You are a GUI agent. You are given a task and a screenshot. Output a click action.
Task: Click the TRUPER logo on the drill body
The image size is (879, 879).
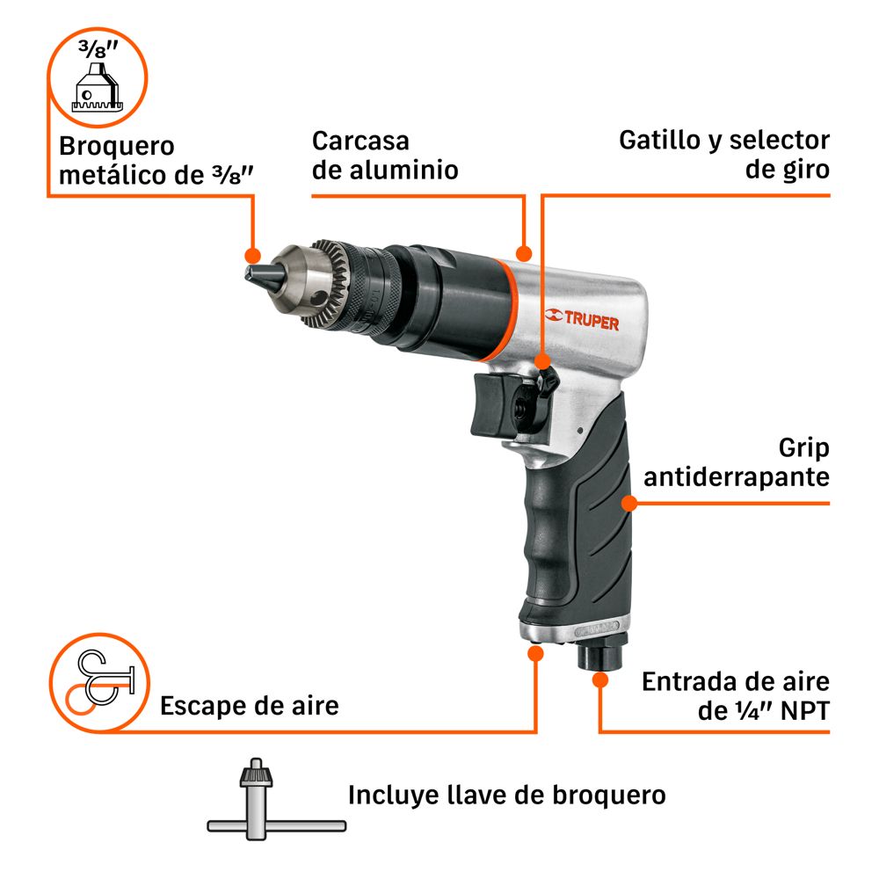582,320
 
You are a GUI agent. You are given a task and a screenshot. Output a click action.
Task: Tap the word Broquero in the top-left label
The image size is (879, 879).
117,146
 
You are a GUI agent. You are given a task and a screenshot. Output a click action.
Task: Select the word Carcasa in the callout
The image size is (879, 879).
360,142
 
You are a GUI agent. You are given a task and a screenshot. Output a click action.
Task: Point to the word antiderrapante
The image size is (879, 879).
736,477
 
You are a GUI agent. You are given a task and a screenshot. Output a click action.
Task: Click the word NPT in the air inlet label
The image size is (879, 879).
804,711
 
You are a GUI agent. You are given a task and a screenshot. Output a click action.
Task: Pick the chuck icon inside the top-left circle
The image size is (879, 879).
98,87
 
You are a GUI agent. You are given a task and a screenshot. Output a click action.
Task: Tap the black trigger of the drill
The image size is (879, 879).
490,405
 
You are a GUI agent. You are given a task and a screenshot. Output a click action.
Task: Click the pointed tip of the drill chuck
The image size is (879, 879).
248,274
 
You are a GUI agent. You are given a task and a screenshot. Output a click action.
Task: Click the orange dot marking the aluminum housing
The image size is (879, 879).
524,253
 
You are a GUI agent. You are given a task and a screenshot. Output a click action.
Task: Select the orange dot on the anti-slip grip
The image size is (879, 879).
629,504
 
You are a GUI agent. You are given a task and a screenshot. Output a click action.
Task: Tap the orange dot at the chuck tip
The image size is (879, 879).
253,256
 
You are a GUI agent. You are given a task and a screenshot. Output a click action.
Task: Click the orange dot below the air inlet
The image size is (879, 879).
600,680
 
